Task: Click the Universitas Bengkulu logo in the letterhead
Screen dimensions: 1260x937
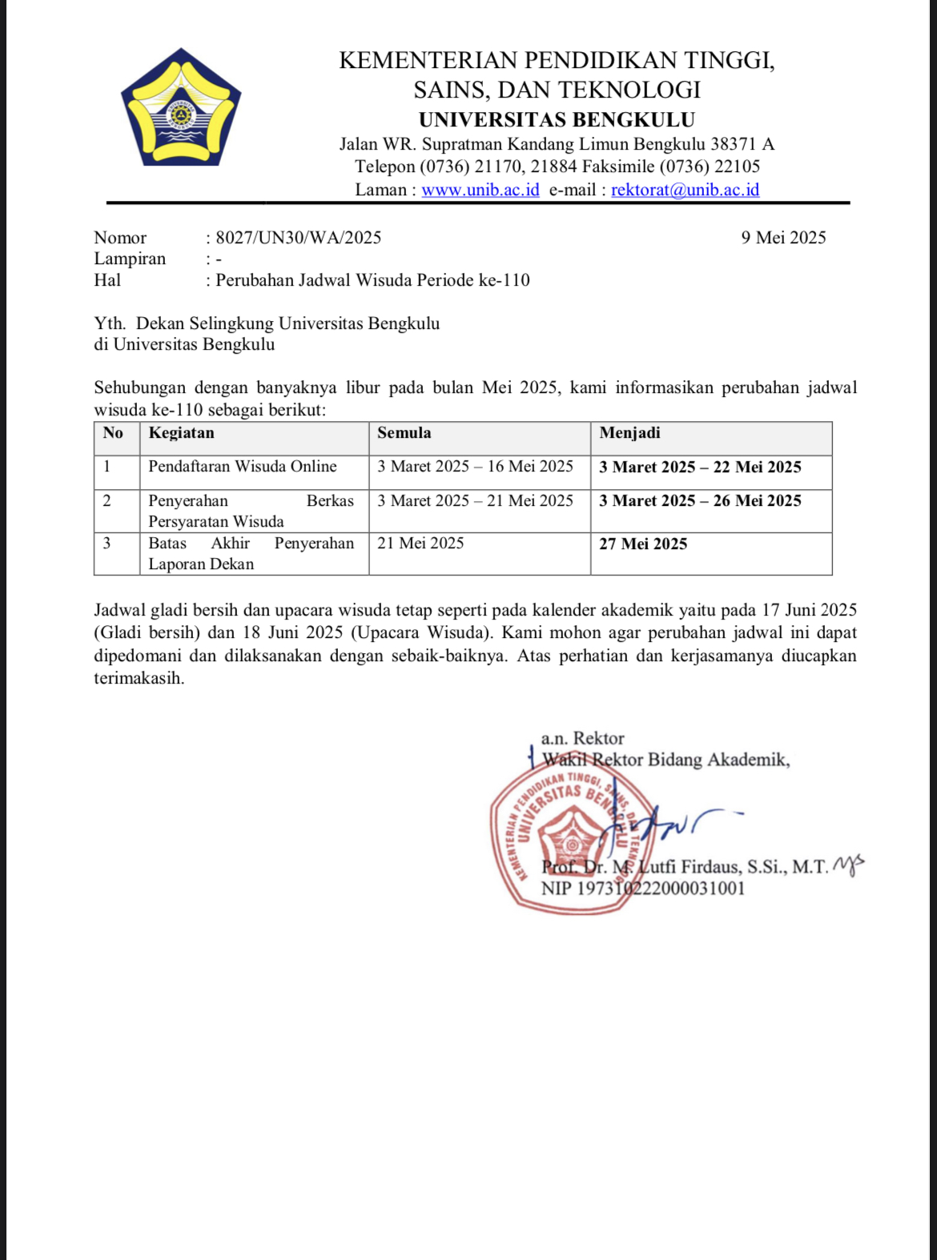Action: tap(181, 108)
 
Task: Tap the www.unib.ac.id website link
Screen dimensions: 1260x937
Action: tap(480, 190)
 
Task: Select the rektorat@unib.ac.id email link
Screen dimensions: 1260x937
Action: tap(685, 190)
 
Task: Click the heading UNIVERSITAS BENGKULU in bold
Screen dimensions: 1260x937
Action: tap(557, 120)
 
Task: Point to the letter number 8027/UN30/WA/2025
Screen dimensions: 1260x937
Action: tap(298, 238)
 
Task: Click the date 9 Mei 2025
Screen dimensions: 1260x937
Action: tap(782, 238)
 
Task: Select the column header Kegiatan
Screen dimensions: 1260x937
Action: tap(182, 433)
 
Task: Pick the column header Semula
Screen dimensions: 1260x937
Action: tap(404, 433)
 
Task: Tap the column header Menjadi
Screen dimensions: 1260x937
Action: tap(629, 433)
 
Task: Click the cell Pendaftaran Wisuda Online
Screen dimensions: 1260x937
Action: tap(242, 467)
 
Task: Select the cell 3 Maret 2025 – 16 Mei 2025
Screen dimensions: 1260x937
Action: tap(475, 467)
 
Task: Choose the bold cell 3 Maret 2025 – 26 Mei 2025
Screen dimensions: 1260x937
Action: tap(700, 501)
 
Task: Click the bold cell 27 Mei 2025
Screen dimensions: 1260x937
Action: tap(643, 544)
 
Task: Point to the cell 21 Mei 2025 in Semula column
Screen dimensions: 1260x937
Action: tap(420, 544)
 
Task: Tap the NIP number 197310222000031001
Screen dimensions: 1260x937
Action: tap(642, 889)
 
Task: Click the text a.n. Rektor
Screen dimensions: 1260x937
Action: tap(582, 738)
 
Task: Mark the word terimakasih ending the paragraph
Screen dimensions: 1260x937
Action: tap(138, 679)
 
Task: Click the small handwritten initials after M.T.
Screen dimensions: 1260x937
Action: tap(849, 865)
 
